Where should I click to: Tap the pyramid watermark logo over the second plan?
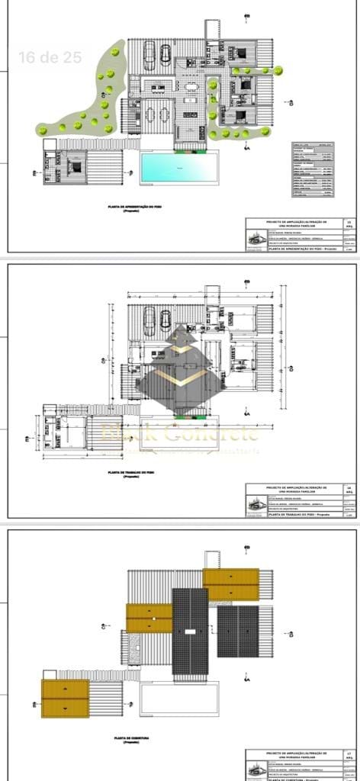coord(180,366)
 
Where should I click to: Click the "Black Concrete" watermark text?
coord(180,435)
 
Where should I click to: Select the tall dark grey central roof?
coord(190,630)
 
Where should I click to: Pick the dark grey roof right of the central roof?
coord(237,631)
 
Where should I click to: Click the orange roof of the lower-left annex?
coord(66,698)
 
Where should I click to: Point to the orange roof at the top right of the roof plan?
coord(230,584)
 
